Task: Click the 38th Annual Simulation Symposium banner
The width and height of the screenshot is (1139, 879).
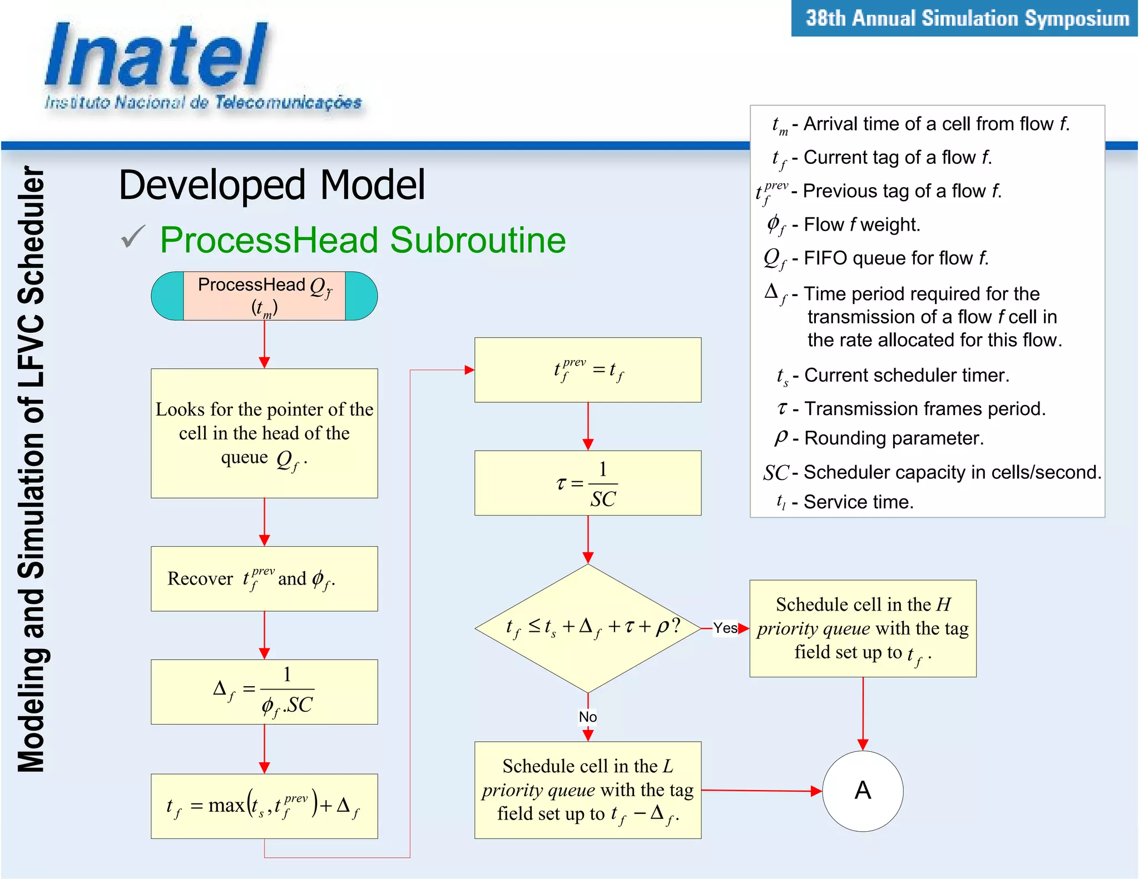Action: click(x=966, y=19)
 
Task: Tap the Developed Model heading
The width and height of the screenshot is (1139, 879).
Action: click(x=272, y=185)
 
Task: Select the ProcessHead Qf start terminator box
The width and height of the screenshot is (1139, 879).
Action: click(x=264, y=296)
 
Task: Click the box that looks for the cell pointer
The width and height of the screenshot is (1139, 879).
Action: click(x=264, y=433)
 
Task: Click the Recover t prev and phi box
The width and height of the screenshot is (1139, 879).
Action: click(x=264, y=578)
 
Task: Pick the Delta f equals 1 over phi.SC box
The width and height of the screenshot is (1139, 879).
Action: click(x=264, y=691)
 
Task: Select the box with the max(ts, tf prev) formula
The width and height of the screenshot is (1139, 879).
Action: click(x=264, y=806)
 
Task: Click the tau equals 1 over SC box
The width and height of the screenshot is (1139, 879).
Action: click(x=587, y=483)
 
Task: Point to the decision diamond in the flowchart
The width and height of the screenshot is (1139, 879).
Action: click(x=587, y=628)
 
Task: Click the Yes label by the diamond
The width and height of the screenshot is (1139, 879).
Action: click(x=725, y=628)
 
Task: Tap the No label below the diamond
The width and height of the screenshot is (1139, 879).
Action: click(x=587, y=717)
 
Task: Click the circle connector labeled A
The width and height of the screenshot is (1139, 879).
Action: click(x=862, y=791)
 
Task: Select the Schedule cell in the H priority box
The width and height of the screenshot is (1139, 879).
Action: click(x=862, y=628)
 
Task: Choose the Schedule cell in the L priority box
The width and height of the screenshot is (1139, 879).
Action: click(x=587, y=790)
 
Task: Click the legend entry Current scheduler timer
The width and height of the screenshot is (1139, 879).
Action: click(x=906, y=376)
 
